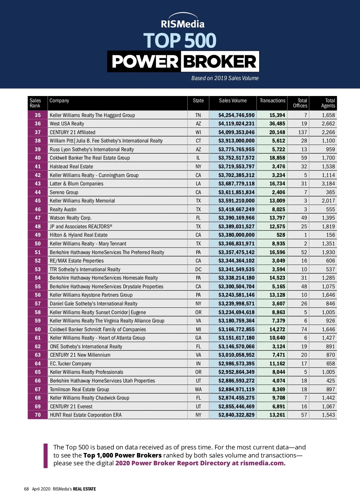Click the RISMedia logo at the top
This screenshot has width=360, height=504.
182,21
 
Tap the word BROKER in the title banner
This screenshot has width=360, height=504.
220,62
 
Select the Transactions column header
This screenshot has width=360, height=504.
272,101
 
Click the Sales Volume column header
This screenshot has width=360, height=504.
232,101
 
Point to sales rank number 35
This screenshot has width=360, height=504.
38,115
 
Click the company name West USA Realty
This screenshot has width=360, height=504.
67,124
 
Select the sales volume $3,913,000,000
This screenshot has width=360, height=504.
236,141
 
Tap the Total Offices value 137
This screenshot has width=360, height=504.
302,132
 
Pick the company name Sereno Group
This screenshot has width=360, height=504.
64,192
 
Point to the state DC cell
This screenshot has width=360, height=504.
198,269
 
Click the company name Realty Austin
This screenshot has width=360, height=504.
63,209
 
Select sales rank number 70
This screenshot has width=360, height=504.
38,415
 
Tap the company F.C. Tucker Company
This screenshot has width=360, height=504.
70,364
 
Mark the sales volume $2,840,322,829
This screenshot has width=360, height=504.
236,415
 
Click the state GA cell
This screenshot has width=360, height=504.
198,338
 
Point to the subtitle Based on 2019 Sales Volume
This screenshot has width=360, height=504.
225,78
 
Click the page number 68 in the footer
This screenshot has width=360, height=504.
26,489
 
